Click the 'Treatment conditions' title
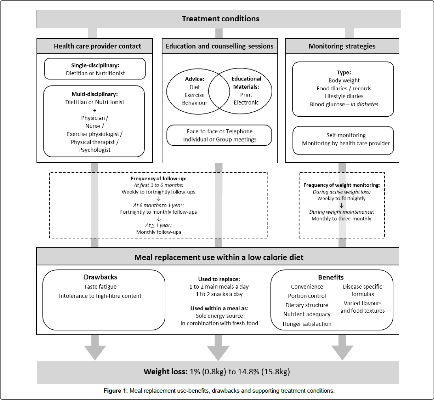[x=221, y=19]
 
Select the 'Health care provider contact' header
[x=97, y=46]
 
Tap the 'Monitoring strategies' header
[x=342, y=46]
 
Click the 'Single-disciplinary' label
[x=95, y=65]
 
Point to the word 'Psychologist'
[x=95, y=150]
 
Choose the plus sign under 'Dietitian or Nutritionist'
[x=95, y=110]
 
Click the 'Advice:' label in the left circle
[x=195, y=79]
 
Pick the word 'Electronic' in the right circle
[x=246, y=103]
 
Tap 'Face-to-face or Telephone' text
[x=220, y=131]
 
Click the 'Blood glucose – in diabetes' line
[x=343, y=104]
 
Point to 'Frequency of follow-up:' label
[x=159, y=179]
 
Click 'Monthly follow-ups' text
[x=159, y=232]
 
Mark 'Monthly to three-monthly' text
[x=341, y=218]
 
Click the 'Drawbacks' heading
[x=100, y=277]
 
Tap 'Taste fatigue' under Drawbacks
[x=100, y=287]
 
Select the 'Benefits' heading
[x=331, y=277]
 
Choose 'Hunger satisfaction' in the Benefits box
[x=307, y=324]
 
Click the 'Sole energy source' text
[x=219, y=316]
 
